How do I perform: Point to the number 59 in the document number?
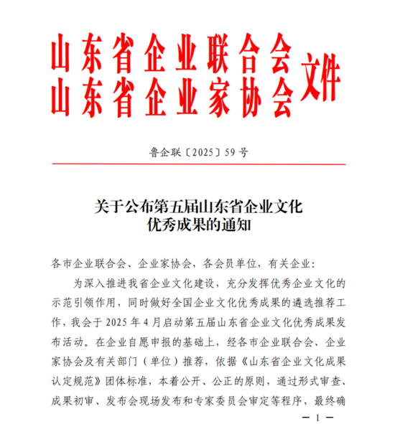[x=231, y=152]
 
